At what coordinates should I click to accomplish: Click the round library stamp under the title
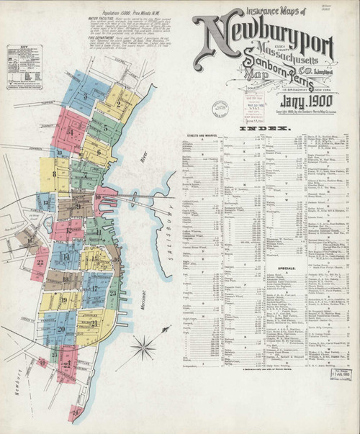[219, 109]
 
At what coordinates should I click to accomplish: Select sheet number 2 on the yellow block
[118, 104]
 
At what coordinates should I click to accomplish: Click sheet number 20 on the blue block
[60, 328]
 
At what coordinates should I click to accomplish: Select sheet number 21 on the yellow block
[95, 323]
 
